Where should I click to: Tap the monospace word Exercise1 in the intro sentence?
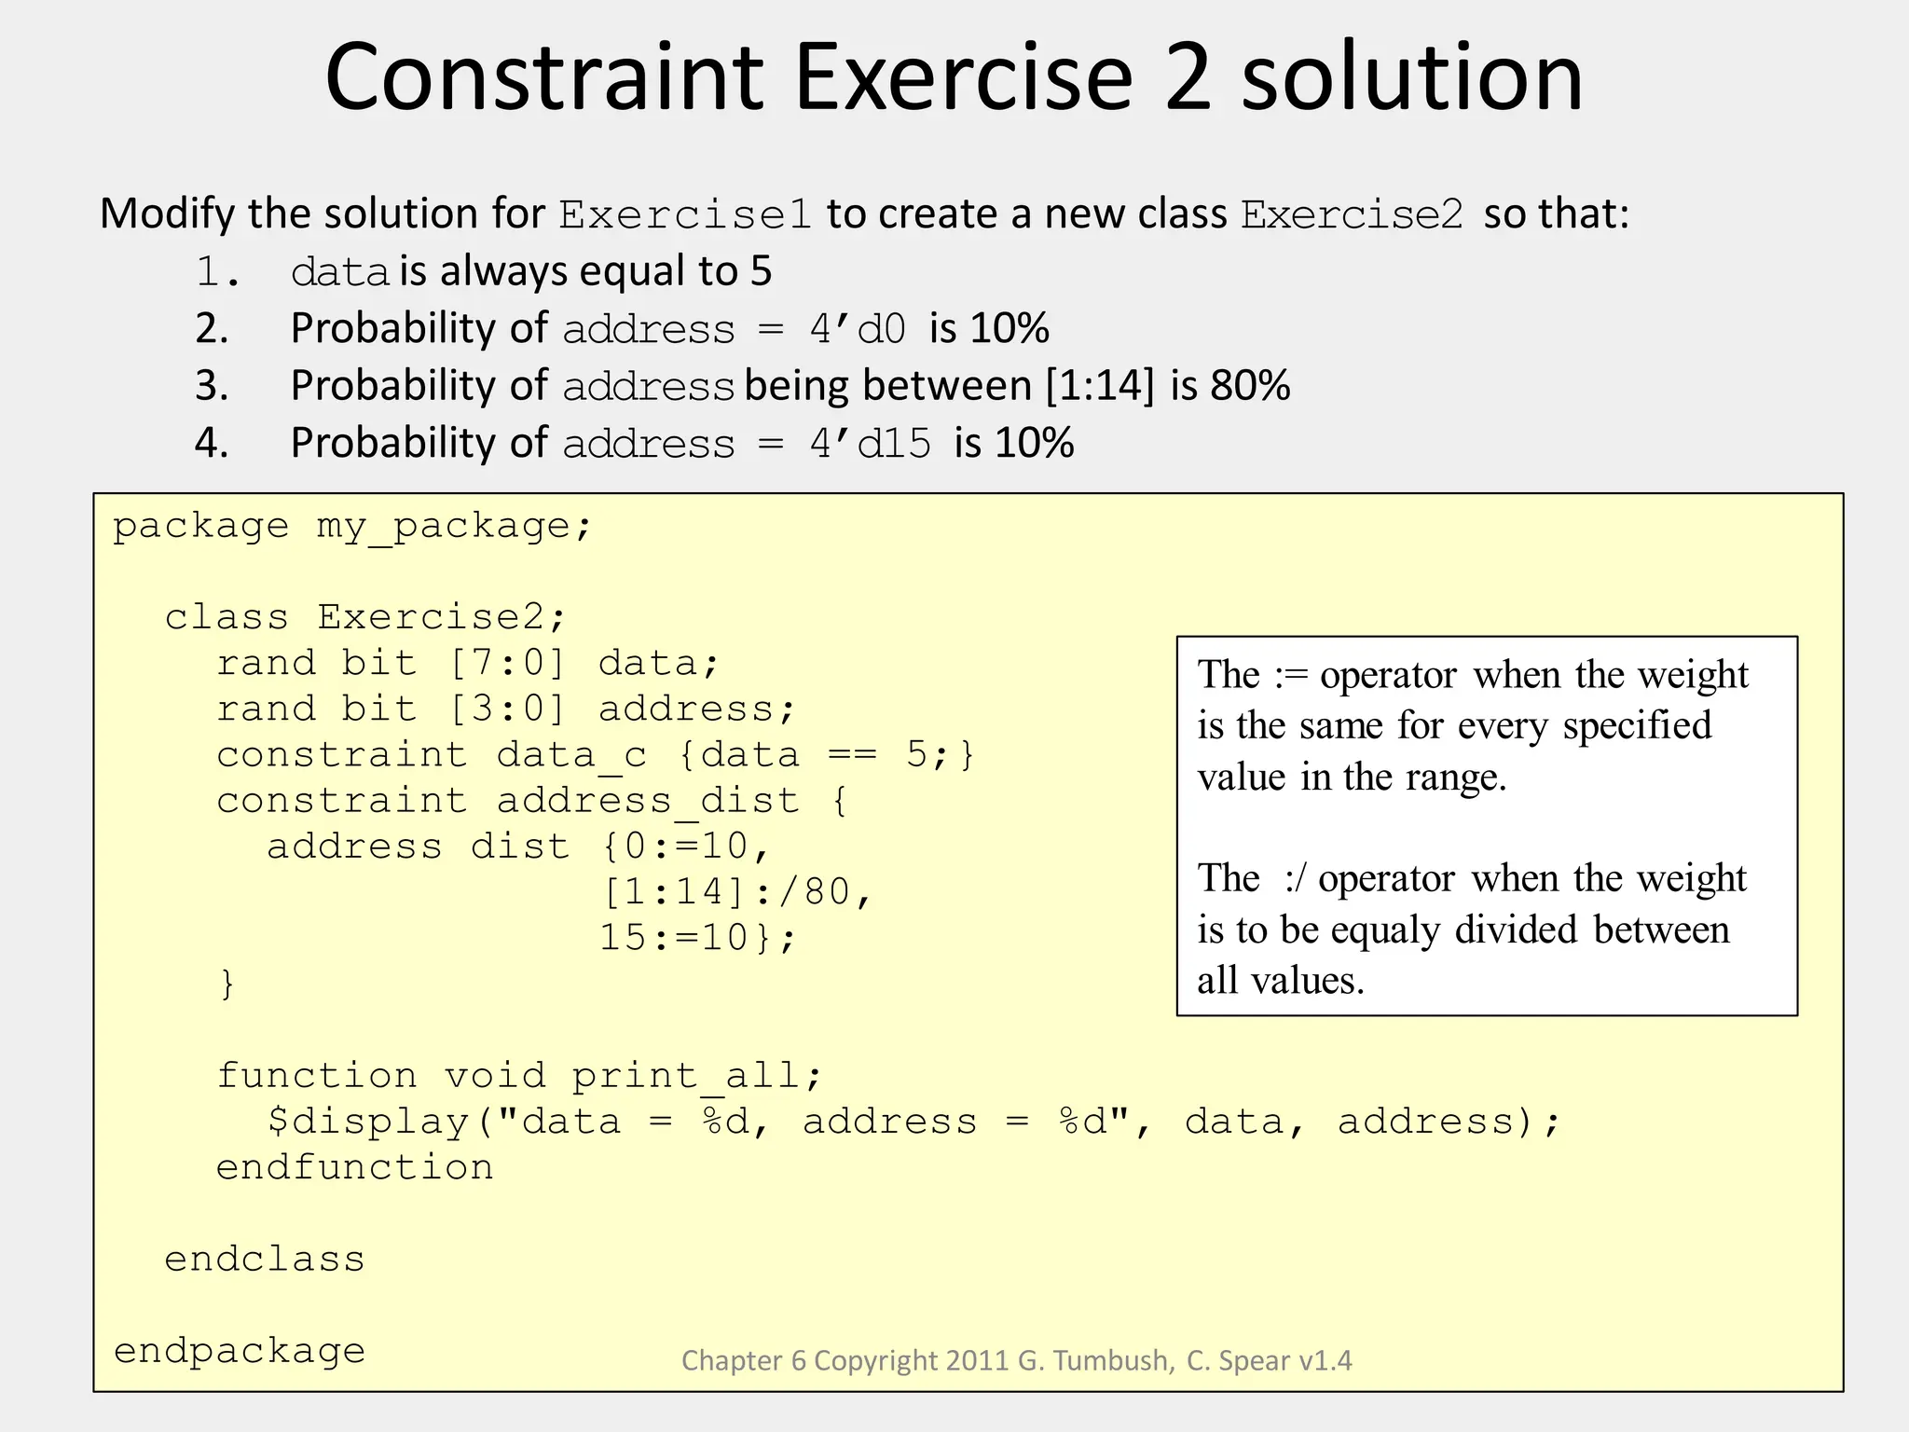[x=685, y=215]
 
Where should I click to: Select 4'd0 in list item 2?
[x=858, y=330]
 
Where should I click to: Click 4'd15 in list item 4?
[x=870, y=444]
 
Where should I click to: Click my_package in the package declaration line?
[x=443, y=528]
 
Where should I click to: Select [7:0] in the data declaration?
[x=507, y=664]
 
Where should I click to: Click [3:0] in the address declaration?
[x=507, y=709]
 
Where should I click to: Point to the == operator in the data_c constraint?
[x=852, y=755]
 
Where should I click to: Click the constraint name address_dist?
[x=648, y=801]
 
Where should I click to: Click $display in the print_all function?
[x=368, y=1122]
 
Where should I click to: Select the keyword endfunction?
[x=355, y=1167]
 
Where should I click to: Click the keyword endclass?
[x=265, y=1260]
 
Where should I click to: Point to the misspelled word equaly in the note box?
[x=1385, y=930]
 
